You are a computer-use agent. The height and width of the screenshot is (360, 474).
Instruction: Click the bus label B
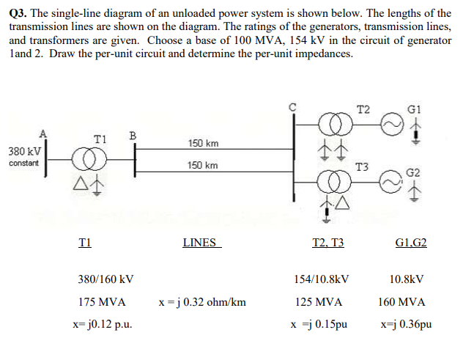(x=133, y=135)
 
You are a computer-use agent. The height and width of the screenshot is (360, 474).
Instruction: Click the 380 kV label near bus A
(x=20, y=151)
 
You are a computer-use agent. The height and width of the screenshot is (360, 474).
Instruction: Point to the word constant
(x=23, y=163)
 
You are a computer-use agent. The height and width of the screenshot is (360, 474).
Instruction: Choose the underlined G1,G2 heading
(x=410, y=243)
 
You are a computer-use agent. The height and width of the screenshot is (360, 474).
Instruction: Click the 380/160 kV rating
(x=105, y=279)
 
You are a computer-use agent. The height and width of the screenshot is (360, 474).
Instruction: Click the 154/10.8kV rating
(x=322, y=279)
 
